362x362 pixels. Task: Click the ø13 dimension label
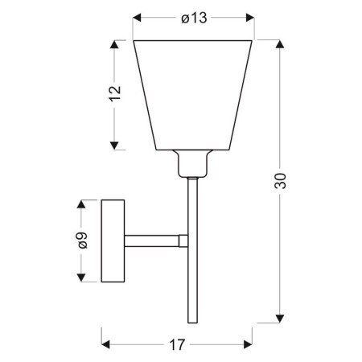[x=193, y=19]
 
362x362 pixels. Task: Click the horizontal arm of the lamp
[x=153, y=240]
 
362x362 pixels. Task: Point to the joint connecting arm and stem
[x=183, y=240]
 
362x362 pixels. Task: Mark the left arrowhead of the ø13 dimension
[x=136, y=19]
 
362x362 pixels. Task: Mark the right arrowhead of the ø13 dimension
[x=250, y=19]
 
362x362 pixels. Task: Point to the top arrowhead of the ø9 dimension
[x=82, y=204]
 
